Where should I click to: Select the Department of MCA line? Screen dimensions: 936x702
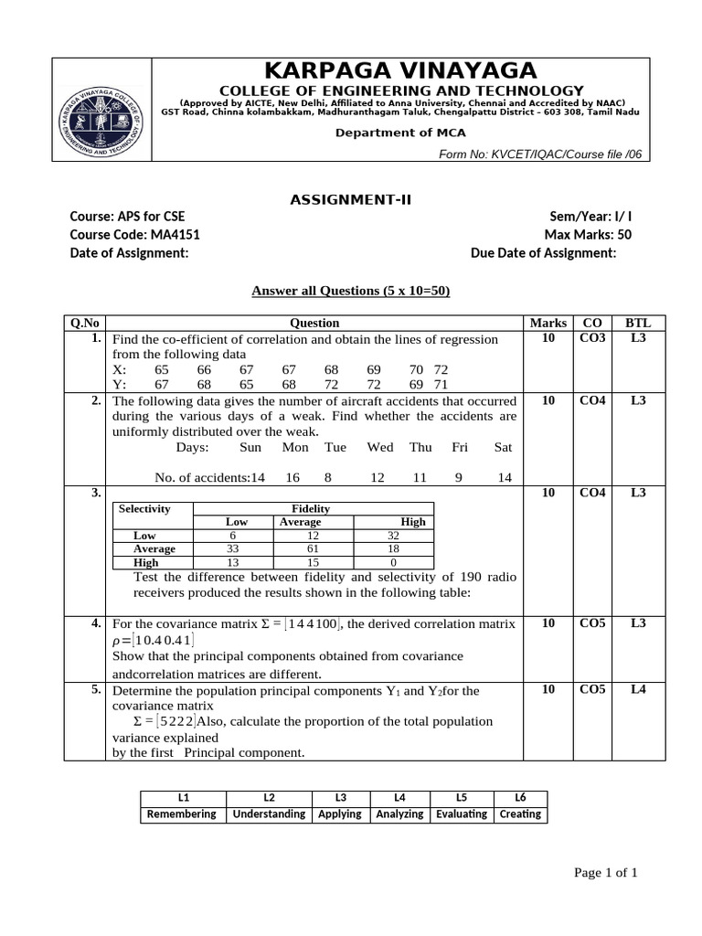[400, 133]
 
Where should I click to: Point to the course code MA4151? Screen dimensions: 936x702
[134, 234]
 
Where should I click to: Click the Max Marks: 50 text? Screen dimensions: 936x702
[588, 234]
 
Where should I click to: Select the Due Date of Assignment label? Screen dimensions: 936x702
[543, 252]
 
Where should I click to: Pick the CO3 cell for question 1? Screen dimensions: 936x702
[592, 339]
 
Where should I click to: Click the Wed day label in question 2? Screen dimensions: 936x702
[379, 447]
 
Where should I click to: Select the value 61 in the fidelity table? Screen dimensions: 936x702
[313, 548]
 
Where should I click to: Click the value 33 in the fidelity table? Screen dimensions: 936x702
[232, 548]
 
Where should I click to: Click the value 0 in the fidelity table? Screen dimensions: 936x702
[393, 563]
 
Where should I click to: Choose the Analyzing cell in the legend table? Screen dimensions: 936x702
[399, 814]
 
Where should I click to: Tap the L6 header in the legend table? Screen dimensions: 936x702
[520, 797]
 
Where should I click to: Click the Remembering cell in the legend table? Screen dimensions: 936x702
[182, 814]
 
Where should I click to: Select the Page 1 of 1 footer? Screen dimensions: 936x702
[605, 873]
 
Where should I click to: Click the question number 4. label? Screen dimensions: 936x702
[95, 623]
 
